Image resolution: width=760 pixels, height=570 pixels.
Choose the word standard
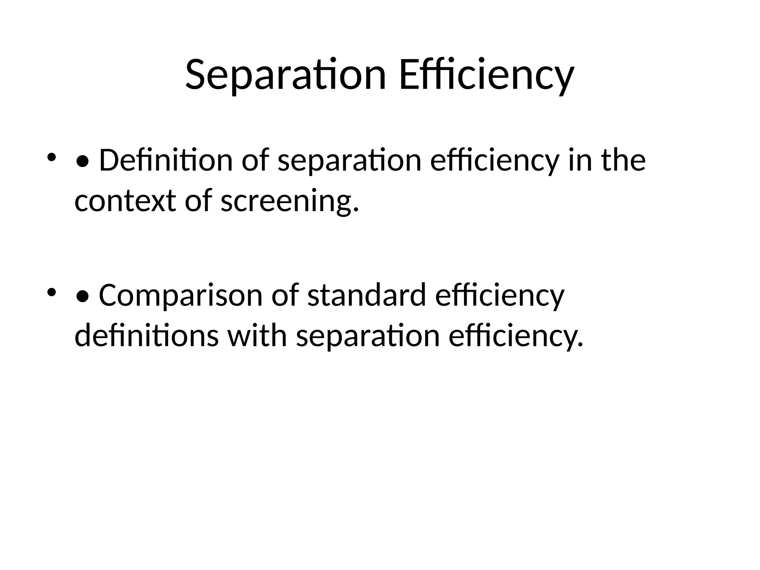(x=367, y=295)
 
